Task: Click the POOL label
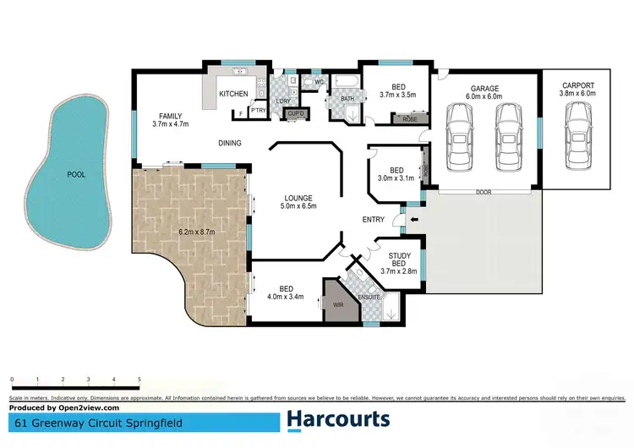[x=76, y=176]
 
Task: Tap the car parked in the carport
[x=577, y=139]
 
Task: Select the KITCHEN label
[x=232, y=94]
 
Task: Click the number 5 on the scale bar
[x=139, y=380]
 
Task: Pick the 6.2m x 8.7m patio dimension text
[x=195, y=232]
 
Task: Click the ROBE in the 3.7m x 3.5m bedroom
[x=410, y=120]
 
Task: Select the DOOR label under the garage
[x=484, y=192]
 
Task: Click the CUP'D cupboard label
[x=296, y=113]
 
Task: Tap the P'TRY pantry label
[x=257, y=112]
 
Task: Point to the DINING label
[x=229, y=143]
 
